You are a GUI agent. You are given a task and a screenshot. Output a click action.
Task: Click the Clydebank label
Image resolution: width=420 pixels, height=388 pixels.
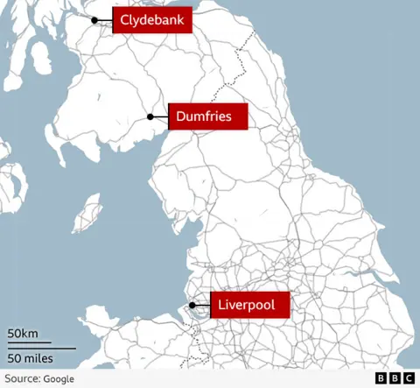(152, 19)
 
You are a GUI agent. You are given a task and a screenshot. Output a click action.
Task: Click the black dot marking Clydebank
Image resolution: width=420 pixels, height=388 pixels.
(94, 19)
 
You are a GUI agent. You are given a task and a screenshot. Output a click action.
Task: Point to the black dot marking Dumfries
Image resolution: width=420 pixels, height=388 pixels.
(150, 116)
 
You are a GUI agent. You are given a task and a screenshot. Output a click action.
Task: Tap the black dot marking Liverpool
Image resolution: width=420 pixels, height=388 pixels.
(192, 306)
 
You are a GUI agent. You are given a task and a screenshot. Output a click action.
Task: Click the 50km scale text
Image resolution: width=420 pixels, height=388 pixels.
(24, 334)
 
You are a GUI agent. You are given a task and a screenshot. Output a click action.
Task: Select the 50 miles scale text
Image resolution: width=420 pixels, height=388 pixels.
(31, 358)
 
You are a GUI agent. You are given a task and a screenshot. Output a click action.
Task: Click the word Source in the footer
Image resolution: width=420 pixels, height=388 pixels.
(22, 378)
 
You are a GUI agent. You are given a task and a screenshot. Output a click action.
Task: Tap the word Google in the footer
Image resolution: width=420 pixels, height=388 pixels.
(58, 378)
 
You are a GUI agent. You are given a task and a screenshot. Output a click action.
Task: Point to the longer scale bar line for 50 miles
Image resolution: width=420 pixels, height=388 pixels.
(41, 348)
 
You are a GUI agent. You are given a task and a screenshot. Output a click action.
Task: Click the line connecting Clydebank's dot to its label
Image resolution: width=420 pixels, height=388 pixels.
(105, 19)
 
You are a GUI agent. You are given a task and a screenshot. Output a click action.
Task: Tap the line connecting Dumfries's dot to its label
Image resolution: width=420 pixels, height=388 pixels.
(161, 116)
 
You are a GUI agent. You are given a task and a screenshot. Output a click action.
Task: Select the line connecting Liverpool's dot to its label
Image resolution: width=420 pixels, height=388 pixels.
(201, 306)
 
